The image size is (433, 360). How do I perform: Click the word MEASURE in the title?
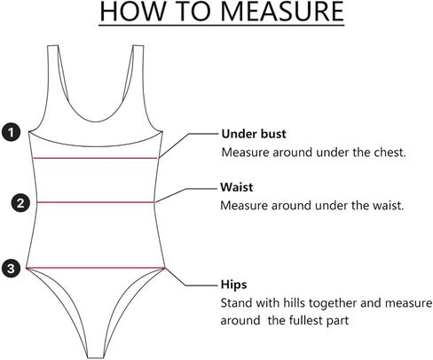click(x=282, y=12)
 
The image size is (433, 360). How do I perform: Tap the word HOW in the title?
click(x=132, y=12)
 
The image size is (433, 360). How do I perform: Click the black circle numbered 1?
click(x=12, y=132)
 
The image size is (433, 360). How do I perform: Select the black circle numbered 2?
click(x=20, y=203)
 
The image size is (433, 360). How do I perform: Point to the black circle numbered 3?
click(x=12, y=269)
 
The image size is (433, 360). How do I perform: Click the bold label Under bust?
click(x=254, y=134)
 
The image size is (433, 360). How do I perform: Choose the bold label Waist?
click(x=237, y=187)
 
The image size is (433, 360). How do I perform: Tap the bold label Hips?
click(x=233, y=285)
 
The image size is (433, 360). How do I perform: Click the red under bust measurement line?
click(x=95, y=158)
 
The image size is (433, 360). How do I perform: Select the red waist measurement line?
click(x=96, y=202)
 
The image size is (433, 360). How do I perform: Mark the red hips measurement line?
click(x=95, y=268)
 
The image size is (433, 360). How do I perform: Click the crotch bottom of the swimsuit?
click(x=96, y=357)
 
